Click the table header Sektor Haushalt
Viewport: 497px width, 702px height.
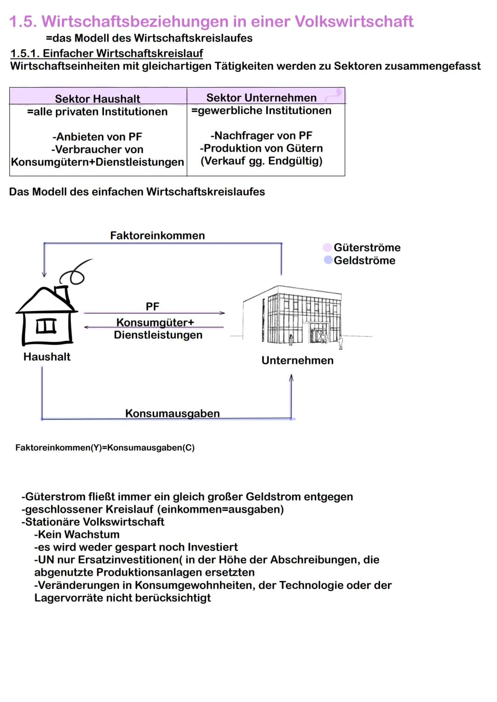pos(98,98)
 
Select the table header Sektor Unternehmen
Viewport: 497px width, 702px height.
pos(261,97)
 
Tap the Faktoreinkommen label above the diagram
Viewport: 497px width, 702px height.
pos(157,235)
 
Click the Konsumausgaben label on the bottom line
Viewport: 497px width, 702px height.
pos(173,413)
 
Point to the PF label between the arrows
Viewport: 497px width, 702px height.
pos(152,306)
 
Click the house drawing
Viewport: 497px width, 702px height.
pos(46,317)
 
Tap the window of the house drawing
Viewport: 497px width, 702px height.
pos(46,325)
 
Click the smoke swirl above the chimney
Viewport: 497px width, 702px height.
pos(77,272)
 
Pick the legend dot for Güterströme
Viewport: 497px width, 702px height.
pos(328,247)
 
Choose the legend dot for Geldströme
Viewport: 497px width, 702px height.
pos(328,260)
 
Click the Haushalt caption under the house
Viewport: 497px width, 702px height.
pos(47,357)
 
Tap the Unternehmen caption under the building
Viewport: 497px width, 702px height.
pos(297,360)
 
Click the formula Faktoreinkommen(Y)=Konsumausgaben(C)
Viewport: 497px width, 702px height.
pos(105,448)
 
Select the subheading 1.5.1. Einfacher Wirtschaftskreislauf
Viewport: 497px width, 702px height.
pos(106,53)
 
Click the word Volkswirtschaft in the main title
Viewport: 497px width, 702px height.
pos(354,21)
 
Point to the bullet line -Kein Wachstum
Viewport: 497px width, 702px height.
pos(76,534)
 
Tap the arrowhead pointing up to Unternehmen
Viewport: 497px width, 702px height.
pos(291,378)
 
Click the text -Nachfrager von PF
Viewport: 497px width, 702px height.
pos(261,136)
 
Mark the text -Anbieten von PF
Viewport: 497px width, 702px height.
pos(97,137)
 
